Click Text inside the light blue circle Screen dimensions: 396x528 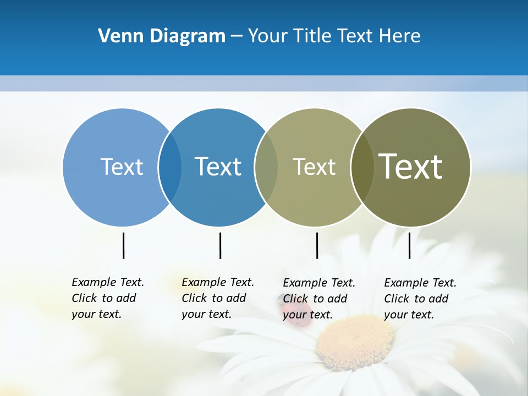(122, 167)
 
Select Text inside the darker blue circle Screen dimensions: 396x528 (218, 167)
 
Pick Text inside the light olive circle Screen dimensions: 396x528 (314, 167)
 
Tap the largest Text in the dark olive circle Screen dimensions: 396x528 (410, 167)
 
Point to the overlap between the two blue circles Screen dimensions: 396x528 (170, 167)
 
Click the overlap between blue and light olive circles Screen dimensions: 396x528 (266, 167)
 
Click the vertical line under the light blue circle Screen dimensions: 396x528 (123, 245)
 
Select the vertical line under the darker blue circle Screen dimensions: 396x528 (220, 245)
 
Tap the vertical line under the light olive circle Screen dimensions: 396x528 (317, 245)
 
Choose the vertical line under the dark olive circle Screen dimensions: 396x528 (410, 245)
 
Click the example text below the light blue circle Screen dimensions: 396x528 (107, 298)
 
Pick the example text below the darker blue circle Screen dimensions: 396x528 (217, 298)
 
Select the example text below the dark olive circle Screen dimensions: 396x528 (420, 299)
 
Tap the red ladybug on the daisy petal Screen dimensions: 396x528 (289, 308)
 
